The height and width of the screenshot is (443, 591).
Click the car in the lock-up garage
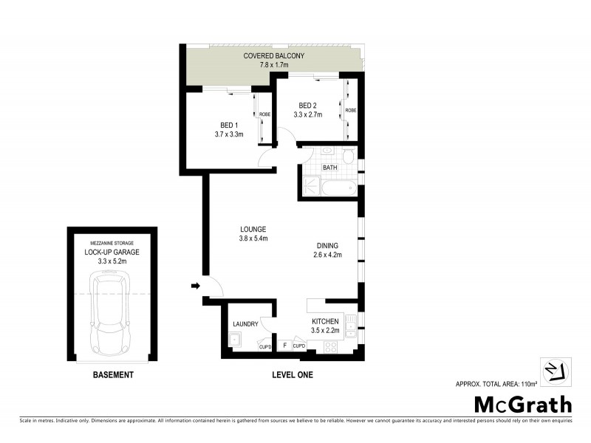[x=109, y=312]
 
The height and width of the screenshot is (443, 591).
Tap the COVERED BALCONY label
[x=271, y=56]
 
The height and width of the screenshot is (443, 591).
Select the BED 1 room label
[x=229, y=125]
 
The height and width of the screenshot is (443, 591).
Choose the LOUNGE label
[x=252, y=229]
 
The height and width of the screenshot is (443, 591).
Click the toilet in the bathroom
[x=348, y=157]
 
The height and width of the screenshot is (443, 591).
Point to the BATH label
[x=329, y=168]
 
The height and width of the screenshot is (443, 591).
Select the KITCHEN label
[x=325, y=321]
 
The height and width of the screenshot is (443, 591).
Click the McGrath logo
[x=522, y=404]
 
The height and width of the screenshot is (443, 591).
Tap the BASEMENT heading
[x=113, y=375]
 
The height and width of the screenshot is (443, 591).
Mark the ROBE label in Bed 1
[x=264, y=114]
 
